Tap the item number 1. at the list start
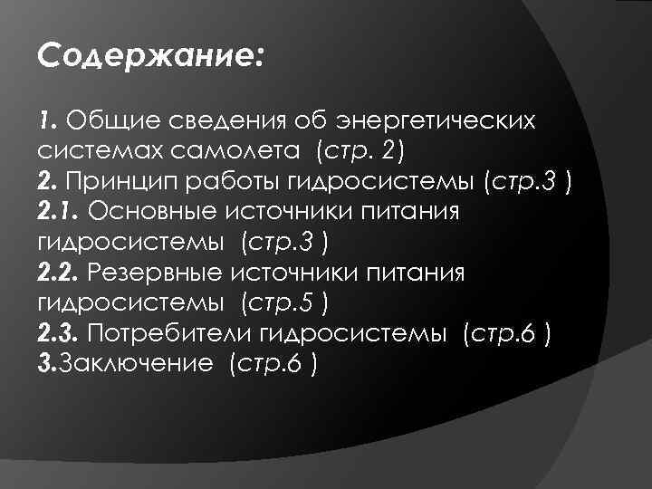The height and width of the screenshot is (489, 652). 49,120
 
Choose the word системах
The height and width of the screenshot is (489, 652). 93,149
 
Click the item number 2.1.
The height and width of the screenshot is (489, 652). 59,210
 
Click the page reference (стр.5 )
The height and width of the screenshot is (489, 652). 283,300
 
